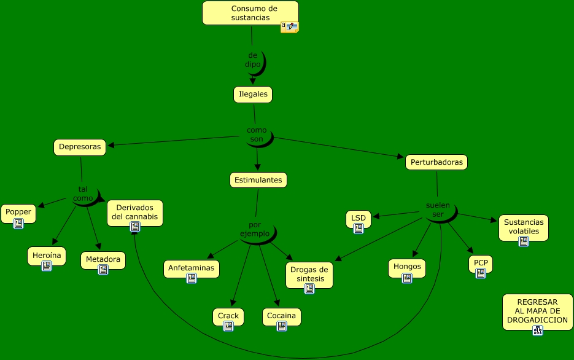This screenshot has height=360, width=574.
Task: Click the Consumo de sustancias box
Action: (x=250, y=13)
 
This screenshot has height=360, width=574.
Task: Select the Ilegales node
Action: (x=252, y=95)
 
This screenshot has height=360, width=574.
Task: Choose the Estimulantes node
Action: (x=258, y=180)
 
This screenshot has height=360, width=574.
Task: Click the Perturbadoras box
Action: (x=436, y=162)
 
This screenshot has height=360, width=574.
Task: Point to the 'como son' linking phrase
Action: (x=257, y=135)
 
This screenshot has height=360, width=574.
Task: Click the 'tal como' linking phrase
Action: (x=83, y=194)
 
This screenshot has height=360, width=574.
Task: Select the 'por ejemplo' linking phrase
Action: (x=255, y=229)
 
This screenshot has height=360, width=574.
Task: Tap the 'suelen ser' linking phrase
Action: (x=438, y=209)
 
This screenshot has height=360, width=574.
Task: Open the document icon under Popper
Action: (x=18, y=224)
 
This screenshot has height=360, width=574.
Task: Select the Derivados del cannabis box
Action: (x=135, y=212)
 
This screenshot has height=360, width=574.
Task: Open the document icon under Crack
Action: (x=228, y=326)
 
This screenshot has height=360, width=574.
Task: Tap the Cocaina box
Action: (x=282, y=316)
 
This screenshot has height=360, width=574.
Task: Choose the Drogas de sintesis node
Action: (x=309, y=273)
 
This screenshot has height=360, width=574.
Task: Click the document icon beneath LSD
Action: (x=359, y=229)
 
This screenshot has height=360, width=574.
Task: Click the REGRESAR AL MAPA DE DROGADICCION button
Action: (x=537, y=311)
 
